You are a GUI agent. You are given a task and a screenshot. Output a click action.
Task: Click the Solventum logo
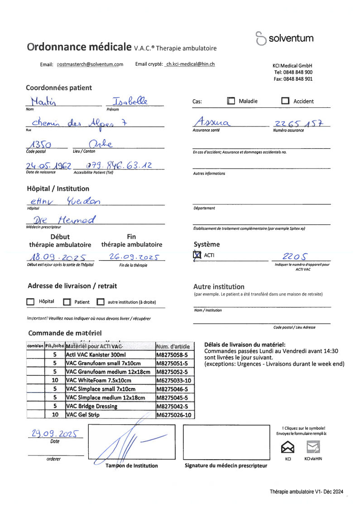click(x=284, y=39)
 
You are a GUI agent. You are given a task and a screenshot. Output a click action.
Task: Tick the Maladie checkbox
click(x=231, y=101)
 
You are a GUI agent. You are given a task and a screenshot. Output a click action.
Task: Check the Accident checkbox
click(x=285, y=101)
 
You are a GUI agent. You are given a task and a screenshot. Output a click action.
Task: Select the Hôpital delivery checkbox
click(x=30, y=302)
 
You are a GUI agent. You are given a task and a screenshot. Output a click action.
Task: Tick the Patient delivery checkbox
click(x=67, y=302)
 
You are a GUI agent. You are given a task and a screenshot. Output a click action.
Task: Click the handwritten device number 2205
click(x=296, y=256)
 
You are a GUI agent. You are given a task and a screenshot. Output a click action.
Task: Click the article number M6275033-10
click(x=174, y=380)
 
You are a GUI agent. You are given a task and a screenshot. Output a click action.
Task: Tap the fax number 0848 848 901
click(x=293, y=79)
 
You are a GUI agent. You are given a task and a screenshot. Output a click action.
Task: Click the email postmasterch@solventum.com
click(x=90, y=64)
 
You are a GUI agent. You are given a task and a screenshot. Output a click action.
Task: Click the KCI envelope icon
click(x=288, y=447)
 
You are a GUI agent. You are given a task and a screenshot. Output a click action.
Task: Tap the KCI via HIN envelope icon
click(x=313, y=447)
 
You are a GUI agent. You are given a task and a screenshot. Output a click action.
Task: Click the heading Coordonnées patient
click(x=59, y=88)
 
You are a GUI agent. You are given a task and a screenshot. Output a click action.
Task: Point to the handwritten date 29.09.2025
click(x=56, y=434)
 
